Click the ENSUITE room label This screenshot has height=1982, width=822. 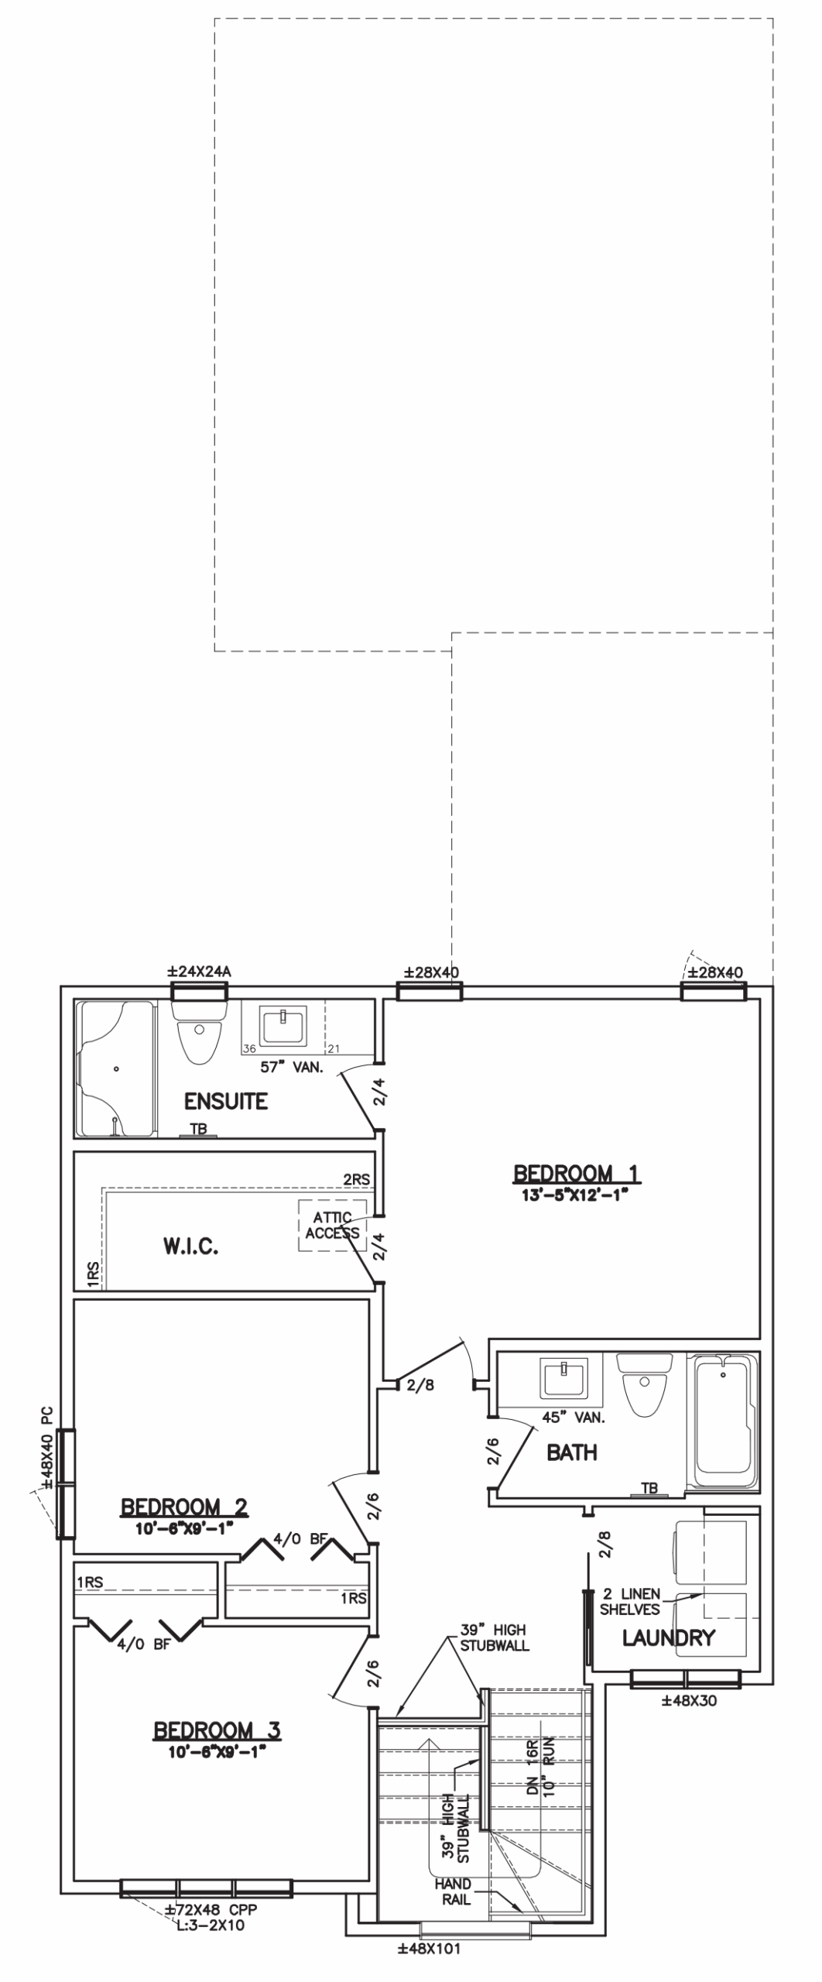click(226, 1101)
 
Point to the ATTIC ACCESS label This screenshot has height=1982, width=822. click(332, 1226)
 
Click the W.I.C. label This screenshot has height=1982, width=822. click(190, 1246)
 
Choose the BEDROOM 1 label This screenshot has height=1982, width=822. click(577, 1174)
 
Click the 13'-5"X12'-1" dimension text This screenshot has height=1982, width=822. click(573, 1195)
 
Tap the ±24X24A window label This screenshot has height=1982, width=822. click(200, 972)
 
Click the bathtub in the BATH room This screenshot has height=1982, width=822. click(724, 1422)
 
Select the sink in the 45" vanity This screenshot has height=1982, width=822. click(565, 1380)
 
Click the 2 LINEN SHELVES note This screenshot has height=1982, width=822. click(630, 1602)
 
